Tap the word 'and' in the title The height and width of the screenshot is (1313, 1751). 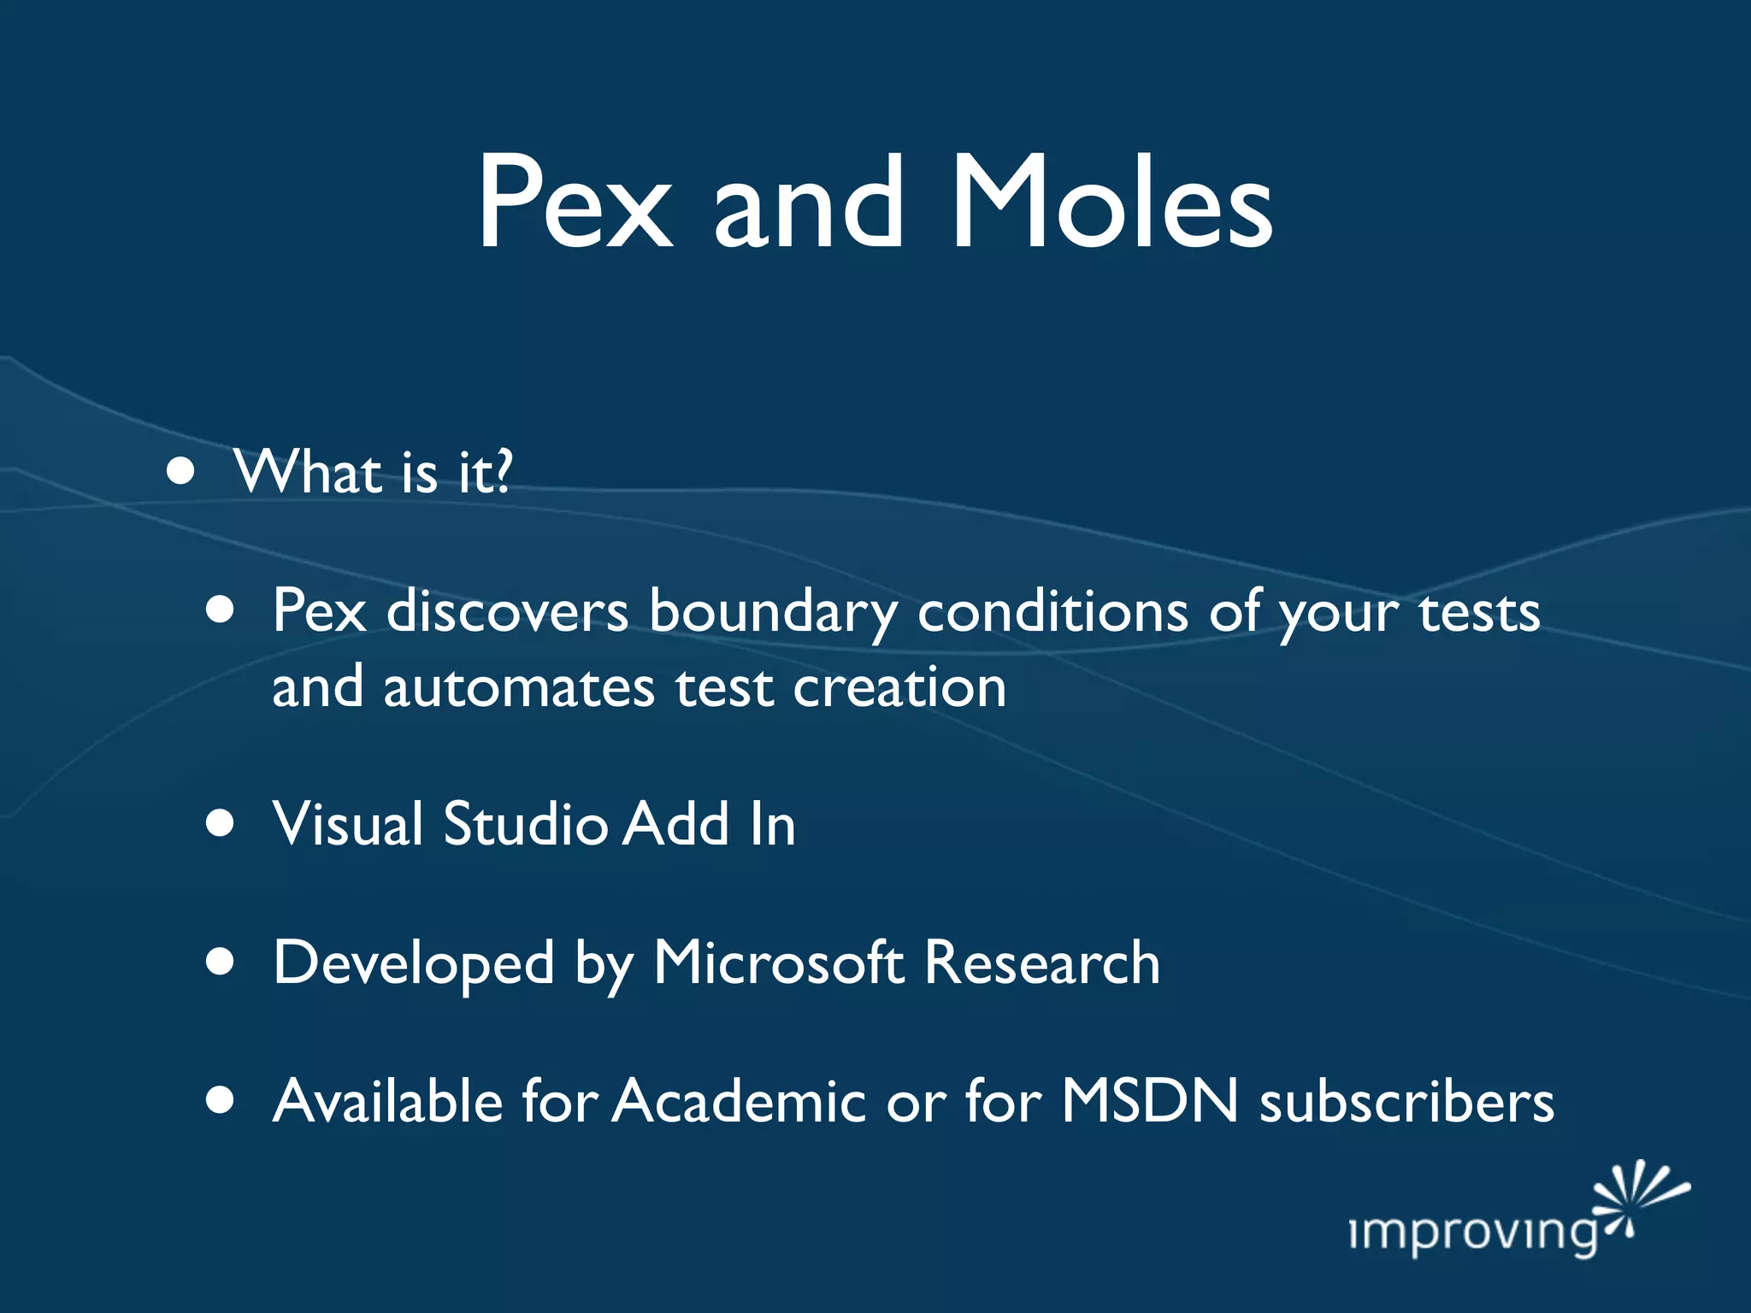point(807,205)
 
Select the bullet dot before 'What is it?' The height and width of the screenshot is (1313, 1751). point(180,471)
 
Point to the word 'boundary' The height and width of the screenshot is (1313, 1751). point(773,612)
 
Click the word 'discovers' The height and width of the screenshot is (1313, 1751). point(507,612)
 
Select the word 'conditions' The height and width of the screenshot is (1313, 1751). point(1052,612)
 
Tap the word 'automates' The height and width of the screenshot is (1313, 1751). point(519,688)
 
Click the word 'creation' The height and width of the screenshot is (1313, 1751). point(899,688)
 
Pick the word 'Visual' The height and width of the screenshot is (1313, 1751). point(347,824)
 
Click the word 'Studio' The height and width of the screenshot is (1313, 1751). point(526,824)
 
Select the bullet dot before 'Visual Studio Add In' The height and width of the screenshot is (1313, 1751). point(221,823)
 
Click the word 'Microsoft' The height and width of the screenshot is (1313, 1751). point(778,963)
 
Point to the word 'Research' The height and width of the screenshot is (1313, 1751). point(1042,963)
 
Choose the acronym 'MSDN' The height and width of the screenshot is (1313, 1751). point(1150,1101)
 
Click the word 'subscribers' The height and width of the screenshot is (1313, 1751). point(1406,1101)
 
